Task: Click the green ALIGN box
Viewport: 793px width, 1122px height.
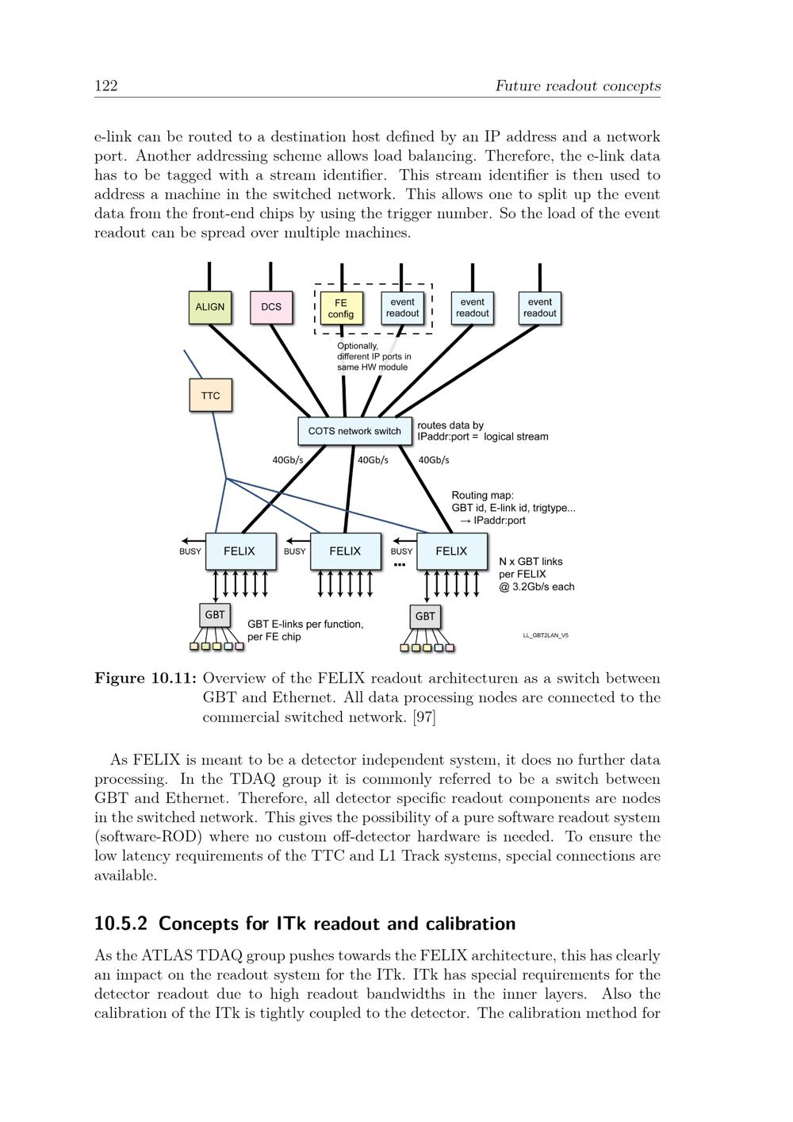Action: pyautogui.click(x=210, y=307)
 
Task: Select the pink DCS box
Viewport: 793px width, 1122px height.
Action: pyautogui.click(x=271, y=307)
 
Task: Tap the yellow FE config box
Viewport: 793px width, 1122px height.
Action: pyautogui.click(x=340, y=308)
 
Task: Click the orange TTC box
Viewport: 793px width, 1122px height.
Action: pyautogui.click(x=210, y=395)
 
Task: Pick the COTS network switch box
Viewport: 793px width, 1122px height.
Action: pyautogui.click(x=354, y=431)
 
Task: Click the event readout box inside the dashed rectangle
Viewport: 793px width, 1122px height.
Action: pyautogui.click(x=402, y=308)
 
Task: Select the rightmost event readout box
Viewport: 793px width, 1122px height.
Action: pyautogui.click(x=539, y=308)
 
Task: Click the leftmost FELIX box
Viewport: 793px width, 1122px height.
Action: pyautogui.click(x=240, y=551)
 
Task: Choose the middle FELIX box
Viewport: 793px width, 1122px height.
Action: pyautogui.click(x=345, y=551)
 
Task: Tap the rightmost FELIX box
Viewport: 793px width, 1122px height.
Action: pyautogui.click(x=451, y=551)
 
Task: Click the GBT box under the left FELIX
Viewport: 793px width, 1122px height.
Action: pyautogui.click(x=215, y=615)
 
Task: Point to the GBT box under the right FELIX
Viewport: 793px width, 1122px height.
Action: pyautogui.click(x=425, y=616)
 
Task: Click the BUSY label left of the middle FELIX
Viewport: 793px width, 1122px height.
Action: pyautogui.click(x=295, y=551)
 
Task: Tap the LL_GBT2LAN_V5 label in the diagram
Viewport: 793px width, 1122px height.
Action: pyautogui.click(x=546, y=636)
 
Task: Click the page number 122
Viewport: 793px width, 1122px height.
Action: pyautogui.click(x=106, y=86)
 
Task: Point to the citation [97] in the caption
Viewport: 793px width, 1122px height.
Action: pyautogui.click(x=424, y=717)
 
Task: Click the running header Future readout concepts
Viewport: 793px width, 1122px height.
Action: pyautogui.click(x=577, y=86)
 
